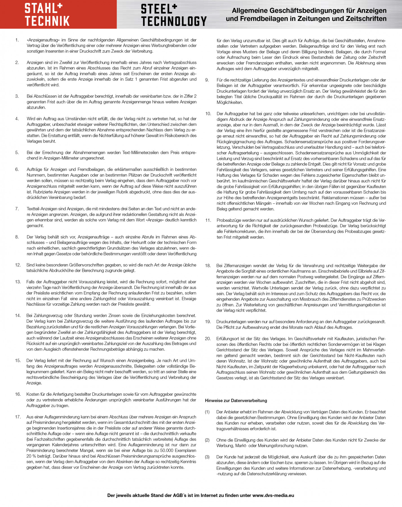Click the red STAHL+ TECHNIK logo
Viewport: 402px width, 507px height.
pos(47,15)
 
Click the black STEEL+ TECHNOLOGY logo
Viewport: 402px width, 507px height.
pos(174,15)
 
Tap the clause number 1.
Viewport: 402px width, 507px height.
pos(17,40)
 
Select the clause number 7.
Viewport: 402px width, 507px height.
pos(17,209)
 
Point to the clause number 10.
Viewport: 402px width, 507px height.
pos(208,114)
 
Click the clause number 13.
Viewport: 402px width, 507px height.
pos(18,282)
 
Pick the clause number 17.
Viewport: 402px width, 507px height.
pos(18,417)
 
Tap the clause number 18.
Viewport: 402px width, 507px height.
pos(208,266)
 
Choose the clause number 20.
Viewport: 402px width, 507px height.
pos(208,339)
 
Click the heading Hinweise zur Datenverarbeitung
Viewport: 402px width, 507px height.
pos(236,401)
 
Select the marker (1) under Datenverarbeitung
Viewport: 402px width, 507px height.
pos(207,412)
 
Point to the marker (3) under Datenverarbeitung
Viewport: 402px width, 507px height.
pos(207,457)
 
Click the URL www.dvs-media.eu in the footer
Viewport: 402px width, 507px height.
pos(273,495)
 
